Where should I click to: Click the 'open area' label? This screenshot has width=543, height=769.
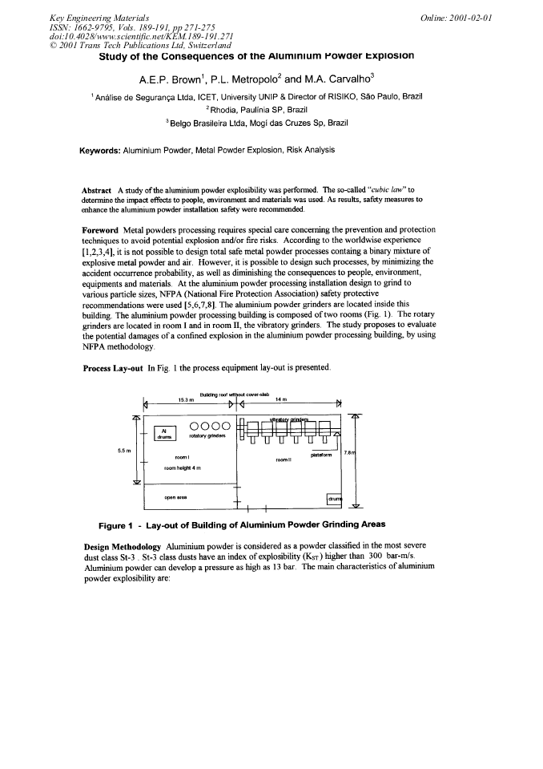[x=175, y=496]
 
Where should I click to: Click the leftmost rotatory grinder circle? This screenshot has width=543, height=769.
[x=195, y=426]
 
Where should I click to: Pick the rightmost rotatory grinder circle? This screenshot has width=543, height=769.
[x=227, y=426]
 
